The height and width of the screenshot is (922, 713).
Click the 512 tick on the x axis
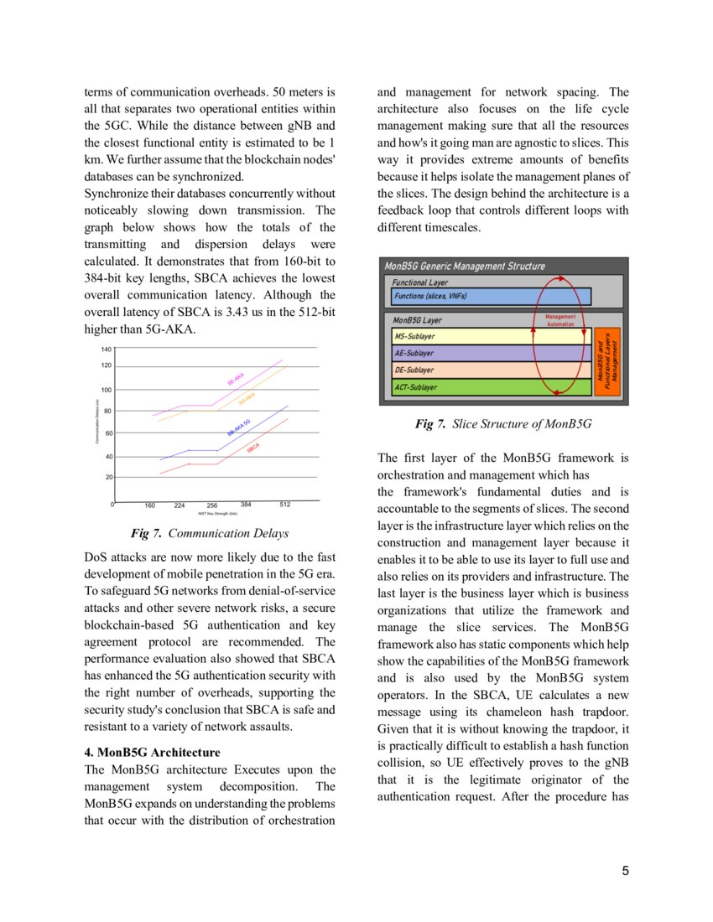284,505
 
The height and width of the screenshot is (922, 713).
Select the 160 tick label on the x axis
149,505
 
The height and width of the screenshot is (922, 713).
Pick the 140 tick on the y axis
106,349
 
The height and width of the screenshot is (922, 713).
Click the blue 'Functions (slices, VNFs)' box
491,296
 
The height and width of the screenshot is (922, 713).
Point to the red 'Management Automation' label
560,320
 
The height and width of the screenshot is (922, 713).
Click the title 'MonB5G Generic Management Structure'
465,267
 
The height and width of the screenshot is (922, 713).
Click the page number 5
625,871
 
